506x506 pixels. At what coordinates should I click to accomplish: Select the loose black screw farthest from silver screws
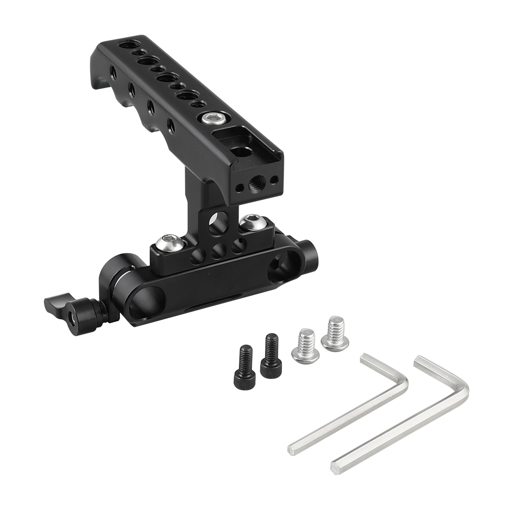click(x=243, y=367)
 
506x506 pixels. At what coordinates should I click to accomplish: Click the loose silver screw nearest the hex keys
click(x=335, y=334)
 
